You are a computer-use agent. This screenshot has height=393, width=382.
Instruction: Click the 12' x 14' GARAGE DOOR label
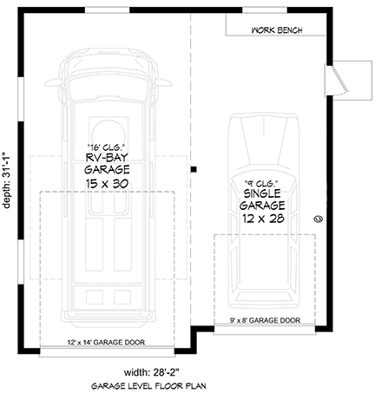click(x=104, y=341)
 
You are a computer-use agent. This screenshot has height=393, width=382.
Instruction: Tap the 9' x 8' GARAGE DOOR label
click(x=264, y=320)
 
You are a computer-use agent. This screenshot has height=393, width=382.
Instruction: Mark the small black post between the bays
click(x=194, y=169)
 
